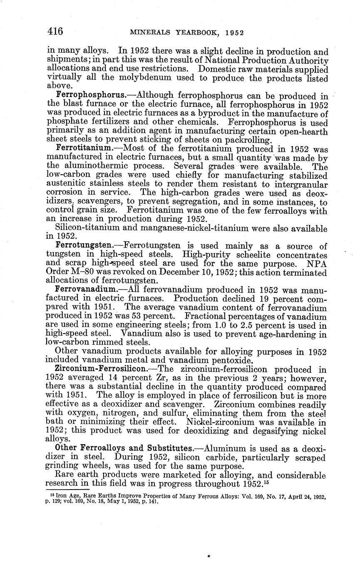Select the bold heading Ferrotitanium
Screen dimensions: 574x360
coord(83,148)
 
